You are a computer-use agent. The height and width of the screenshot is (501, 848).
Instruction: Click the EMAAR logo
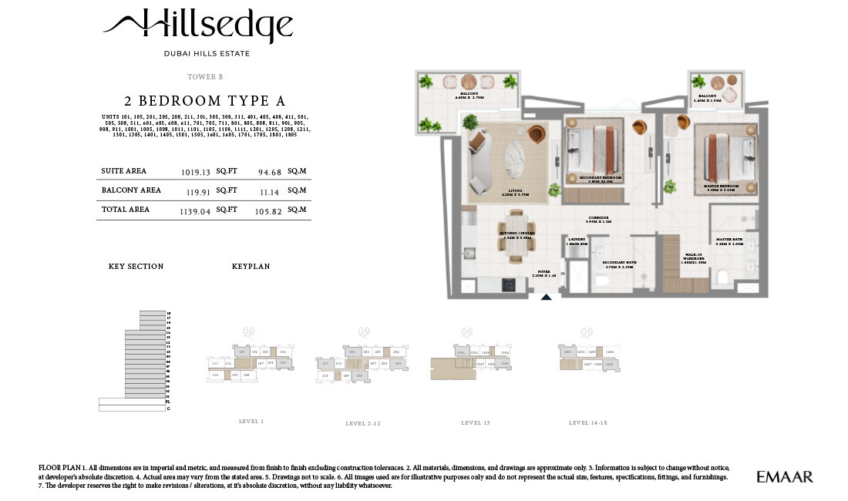pos(784,477)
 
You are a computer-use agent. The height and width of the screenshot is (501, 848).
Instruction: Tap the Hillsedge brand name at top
pos(198,27)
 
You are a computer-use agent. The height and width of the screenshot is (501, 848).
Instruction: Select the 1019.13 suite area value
pos(196,172)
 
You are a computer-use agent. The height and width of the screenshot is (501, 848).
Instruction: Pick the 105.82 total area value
pos(271,210)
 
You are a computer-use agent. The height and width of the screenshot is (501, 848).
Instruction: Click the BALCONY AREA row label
pos(131,190)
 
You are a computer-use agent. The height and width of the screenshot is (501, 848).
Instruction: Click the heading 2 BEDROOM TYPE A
pos(205,101)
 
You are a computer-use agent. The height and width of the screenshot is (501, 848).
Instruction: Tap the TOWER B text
pos(205,77)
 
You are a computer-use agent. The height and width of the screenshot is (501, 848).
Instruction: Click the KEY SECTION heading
pos(136,267)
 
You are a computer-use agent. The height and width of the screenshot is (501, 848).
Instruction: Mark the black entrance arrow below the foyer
pos(547,297)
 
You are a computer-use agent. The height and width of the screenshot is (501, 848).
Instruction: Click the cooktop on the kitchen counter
pos(510,284)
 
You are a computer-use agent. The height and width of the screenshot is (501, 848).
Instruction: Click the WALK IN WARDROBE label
pos(695,258)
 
